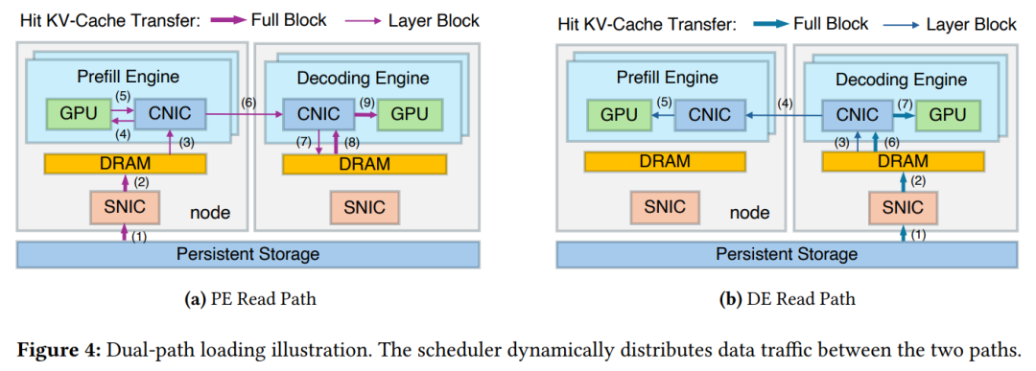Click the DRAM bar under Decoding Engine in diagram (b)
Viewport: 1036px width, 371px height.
pyautogui.click(x=903, y=160)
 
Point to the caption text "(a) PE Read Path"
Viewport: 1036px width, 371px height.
pyautogui.click(x=249, y=299)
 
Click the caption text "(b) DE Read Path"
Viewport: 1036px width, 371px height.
pyautogui.click(x=787, y=299)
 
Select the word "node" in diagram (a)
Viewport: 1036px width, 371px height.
pyautogui.click(x=210, y=213)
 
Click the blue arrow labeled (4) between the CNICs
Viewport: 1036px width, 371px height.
pyautogui.click(x=784, y=115)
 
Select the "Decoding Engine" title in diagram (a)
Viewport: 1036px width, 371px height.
pyautogui.click(x=363, y=80)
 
